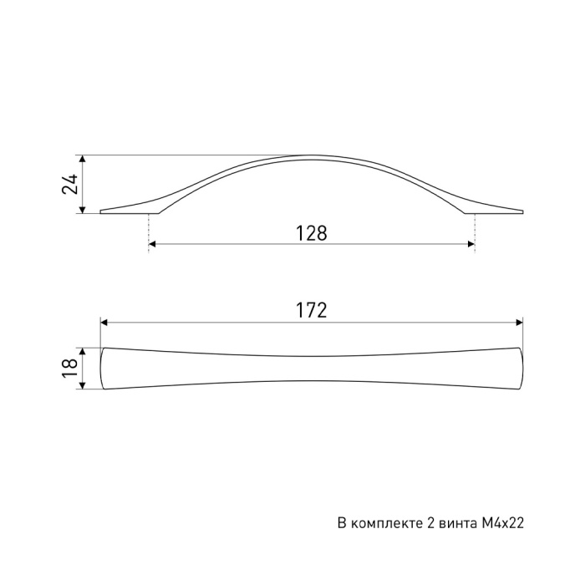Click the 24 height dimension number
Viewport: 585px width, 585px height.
click(x=69, y=184)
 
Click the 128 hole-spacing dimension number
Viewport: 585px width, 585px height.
click(x=312, y=233)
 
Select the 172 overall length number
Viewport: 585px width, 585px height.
click(x=312, y=310)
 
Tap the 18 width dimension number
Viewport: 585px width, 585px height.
click(x=69, y=369)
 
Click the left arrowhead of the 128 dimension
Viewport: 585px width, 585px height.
click(x=152, y=244)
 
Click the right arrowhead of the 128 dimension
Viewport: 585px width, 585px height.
click(x=471, y=244)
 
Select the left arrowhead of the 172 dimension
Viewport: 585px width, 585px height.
click(x=104, y=323)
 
